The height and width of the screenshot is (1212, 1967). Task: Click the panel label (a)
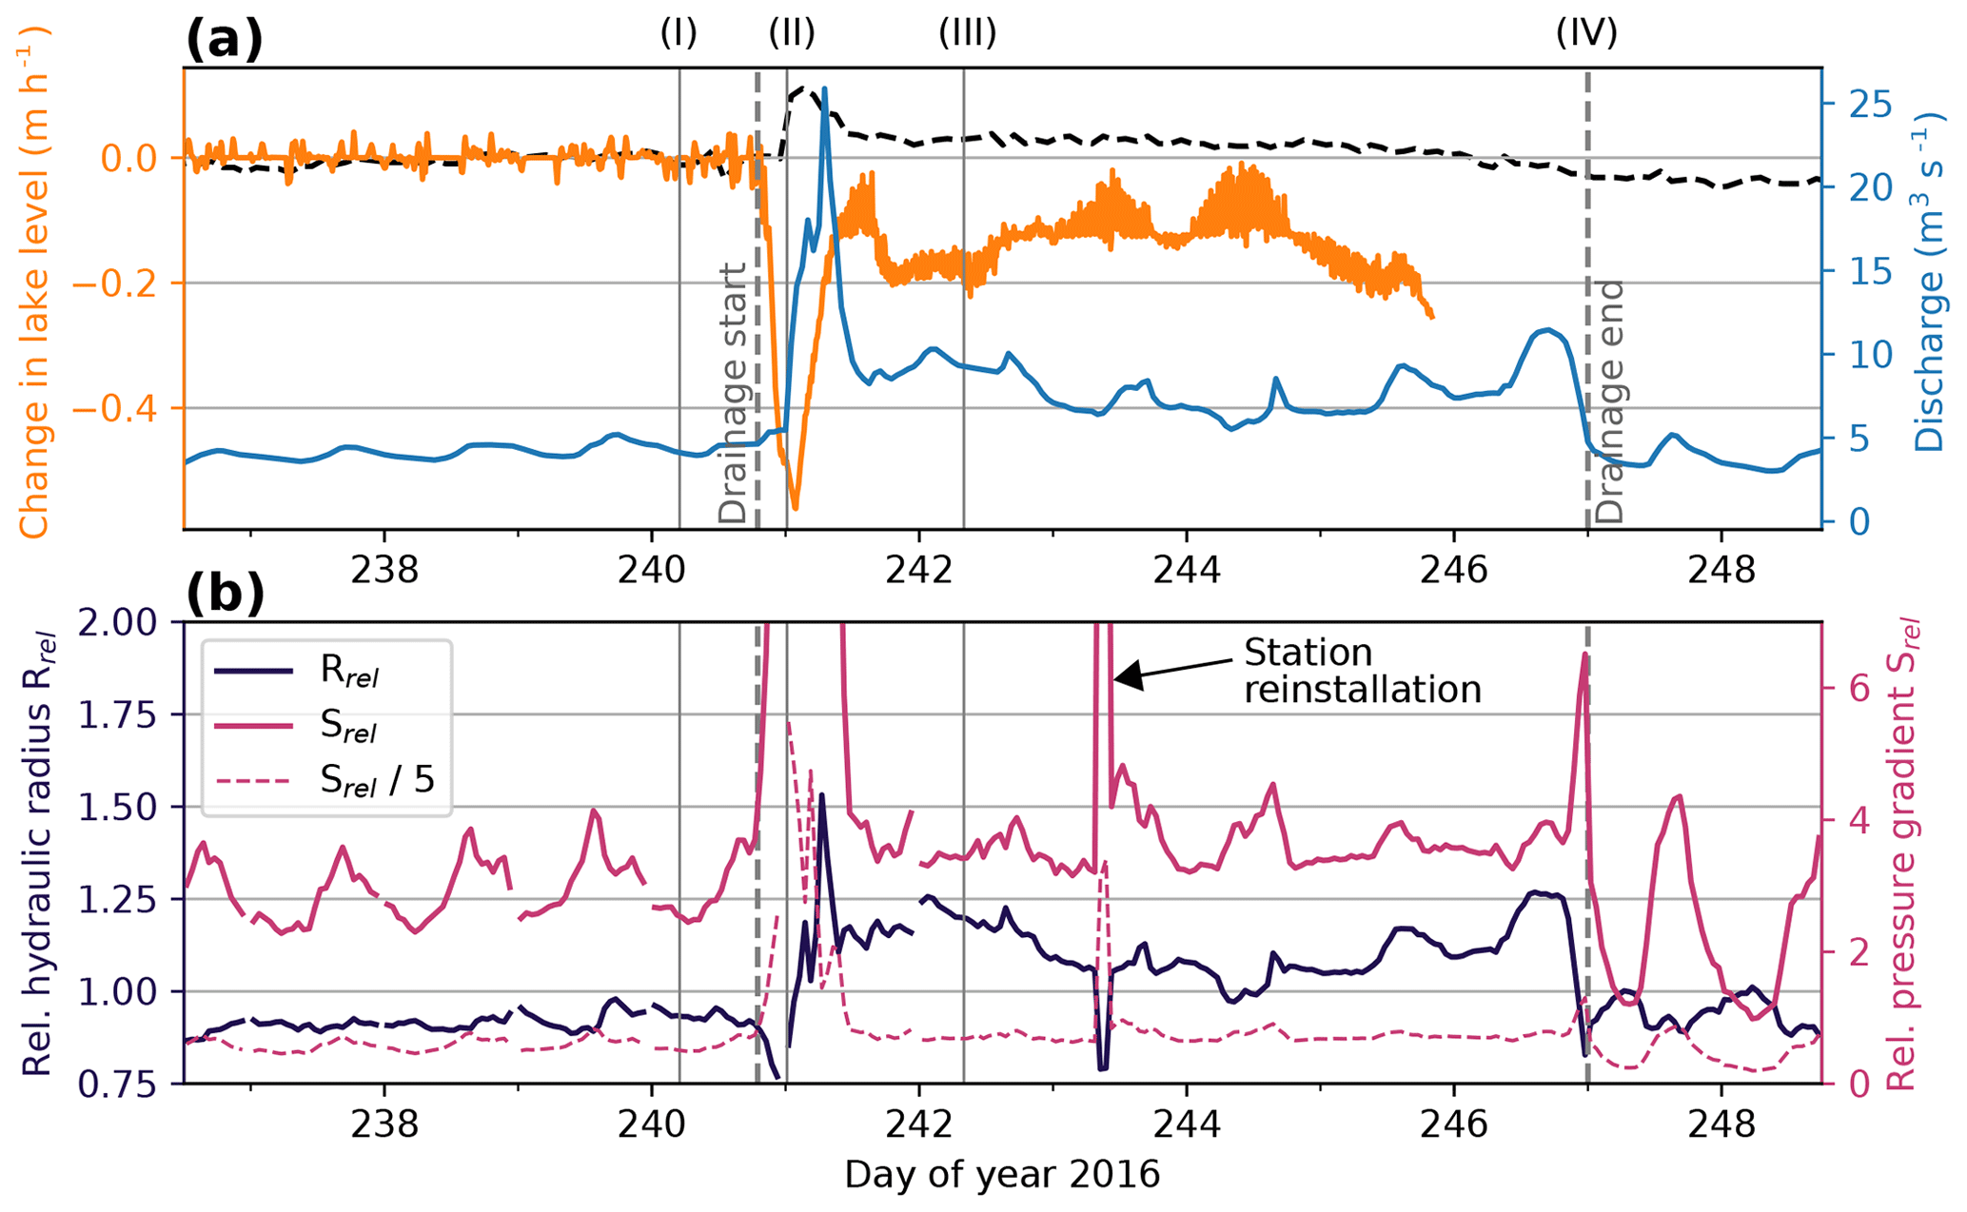(224, 41)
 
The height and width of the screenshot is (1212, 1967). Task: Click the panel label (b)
(225, 595)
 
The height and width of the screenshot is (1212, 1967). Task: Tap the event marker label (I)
(679, 34)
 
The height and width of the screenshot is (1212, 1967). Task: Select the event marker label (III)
(967, 34)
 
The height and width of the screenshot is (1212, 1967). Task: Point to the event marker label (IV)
(1586, 34)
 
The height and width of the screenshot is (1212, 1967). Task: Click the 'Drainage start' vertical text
(733, 393)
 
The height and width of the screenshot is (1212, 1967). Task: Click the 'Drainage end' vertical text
(1610, 401)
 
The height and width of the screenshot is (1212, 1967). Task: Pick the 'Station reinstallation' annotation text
(1362, 670)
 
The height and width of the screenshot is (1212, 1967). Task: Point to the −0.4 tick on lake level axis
(138, 409)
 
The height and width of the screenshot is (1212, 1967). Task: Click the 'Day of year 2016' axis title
(1002, 1176)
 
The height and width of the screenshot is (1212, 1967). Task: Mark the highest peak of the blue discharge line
(824, 88)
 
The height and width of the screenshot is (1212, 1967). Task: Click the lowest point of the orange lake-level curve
(796, 508)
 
